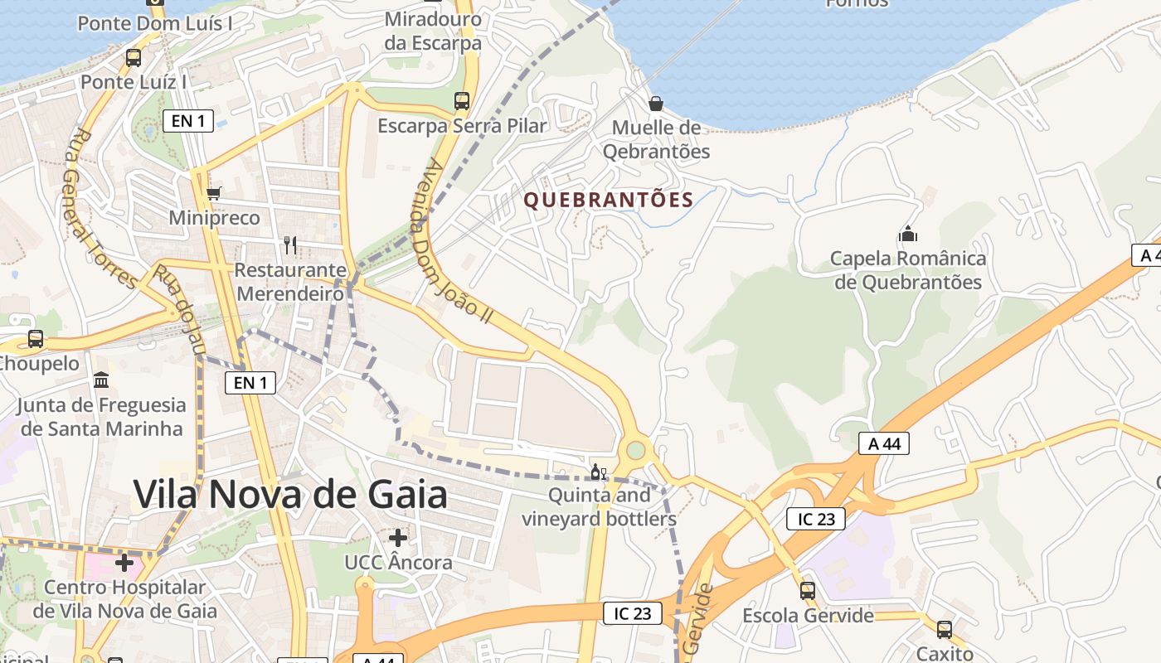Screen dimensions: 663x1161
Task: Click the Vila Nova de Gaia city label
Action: pyautogui.click(x=290, y=495)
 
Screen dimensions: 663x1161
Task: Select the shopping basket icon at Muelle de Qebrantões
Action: pyautogui.click(x=656, y=103)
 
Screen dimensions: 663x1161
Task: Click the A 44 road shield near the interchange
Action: pyautogui.click(x=884, y=444)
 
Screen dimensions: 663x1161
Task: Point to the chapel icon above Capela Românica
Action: pyautogui.click(x=908, y=234)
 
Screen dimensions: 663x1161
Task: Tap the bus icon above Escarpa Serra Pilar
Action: pyautogui.click(x=462, y=101)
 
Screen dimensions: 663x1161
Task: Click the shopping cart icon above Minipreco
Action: pyautogui.click(x=214, y=193)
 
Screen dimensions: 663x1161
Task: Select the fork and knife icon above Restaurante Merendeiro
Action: pyautogui.click(x=290, y=244)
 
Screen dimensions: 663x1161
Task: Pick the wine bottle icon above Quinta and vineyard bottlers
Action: pyautogui.click(x=598, y=473)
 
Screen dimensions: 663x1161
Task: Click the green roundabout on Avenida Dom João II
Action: pyautogui.click(x=636, y=450)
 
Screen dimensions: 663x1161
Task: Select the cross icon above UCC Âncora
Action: pyautogui.click(x=398, y=538)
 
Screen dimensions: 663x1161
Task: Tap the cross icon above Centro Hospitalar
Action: pyautogui.click(x=124, y=563)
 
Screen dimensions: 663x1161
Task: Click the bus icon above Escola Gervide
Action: pyautogui.click(x=807, y=591)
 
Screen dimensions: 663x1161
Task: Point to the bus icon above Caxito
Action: pyautogui.click(x=945, y=629)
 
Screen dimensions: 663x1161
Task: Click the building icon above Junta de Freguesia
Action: pyautogui.click(x=101, y=380)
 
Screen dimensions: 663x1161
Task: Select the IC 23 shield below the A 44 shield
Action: pyautogui.click(x=816, y=520)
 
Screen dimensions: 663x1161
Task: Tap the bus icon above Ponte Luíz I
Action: pyautogui.click(x=133, y=58)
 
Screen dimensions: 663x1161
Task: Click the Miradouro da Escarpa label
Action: pyautogui.click(x=433, y=31)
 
